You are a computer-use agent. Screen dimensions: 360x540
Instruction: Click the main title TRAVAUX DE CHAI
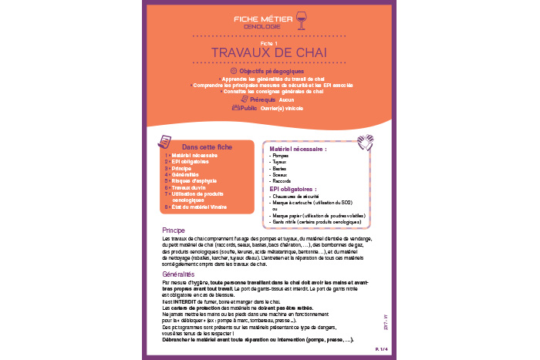(269, 52)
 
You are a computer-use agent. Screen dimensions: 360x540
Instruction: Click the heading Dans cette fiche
(207, 146)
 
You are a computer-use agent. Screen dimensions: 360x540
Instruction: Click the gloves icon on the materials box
(365, 142)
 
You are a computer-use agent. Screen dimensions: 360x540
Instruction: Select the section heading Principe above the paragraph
(174, 230)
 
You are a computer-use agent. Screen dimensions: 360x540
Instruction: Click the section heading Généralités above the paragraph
(178, 274)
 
